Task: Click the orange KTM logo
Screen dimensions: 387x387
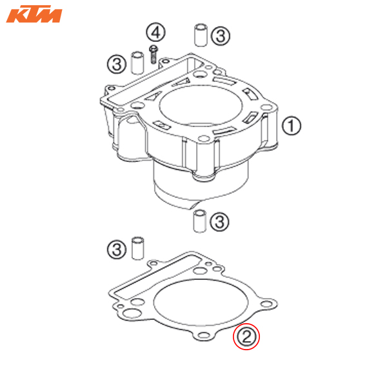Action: click(x=34, y=14)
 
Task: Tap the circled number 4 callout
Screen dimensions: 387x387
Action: click(x=155, y=32)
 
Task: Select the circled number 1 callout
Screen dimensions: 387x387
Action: click(x=292, y=126)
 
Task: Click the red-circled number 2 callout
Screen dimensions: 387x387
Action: click(x=246, y=337)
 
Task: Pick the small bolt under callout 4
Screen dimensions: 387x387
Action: click(x=154, y=54)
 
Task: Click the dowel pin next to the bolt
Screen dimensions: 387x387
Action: click(x=137, y=63)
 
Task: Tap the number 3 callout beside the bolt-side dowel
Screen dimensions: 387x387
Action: click(x=117, y=64)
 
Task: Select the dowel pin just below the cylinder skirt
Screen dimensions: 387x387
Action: click(x=199, y=221)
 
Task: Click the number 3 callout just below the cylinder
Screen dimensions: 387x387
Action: click(x=219, y=221)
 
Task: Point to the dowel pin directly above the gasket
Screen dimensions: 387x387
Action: click(x=138, y=248)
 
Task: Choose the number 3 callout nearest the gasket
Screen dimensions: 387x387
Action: click(x=117, y=249)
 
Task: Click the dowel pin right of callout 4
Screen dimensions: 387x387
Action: click(x=201, y=35)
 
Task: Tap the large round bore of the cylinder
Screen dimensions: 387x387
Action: click(x=201, y=106)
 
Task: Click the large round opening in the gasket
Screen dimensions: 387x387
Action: click(x=201, y=303)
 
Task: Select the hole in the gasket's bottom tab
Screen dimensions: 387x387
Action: click(x=204, y=335)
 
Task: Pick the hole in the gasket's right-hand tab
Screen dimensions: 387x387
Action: click(x=267, y=304)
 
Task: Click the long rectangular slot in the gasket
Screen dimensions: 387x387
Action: click(x=158, y=276)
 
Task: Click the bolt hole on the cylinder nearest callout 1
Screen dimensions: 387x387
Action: click(x=266, y=107)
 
